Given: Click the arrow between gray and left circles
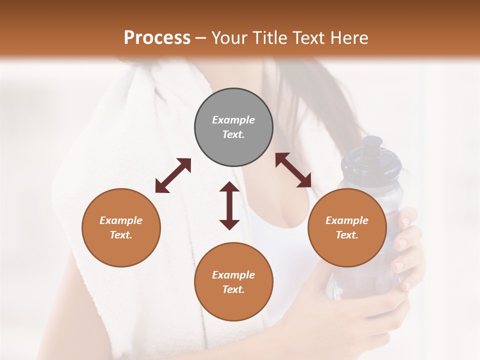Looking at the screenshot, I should click(173, 175).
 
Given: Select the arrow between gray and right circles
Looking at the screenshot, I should click(293, 170).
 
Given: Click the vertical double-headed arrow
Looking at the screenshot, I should click(229, 205).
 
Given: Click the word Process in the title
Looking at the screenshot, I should click(157, 38).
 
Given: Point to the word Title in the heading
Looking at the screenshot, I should click(271, 38).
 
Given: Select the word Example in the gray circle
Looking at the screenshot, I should click(233, 120).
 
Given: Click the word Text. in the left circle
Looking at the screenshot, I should click(121, 235).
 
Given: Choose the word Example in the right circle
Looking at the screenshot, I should click(347, 220).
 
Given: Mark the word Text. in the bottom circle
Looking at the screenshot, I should click(233, 289).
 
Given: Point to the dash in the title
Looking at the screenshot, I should click(201, 38).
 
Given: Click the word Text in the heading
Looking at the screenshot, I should click(309, 38).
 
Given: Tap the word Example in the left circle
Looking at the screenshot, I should click(121, 220).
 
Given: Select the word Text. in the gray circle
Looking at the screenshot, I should click(233, 134).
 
